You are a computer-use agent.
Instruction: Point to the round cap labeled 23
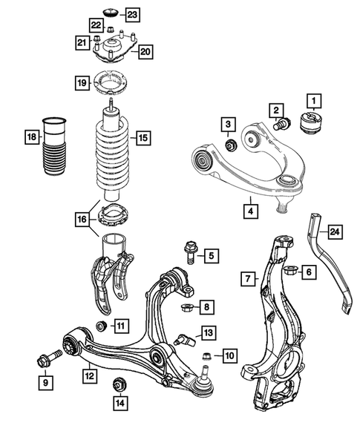(x=113, y=12)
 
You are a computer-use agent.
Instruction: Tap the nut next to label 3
(x=229, y=144)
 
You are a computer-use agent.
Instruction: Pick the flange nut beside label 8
(x=187, y=306)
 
